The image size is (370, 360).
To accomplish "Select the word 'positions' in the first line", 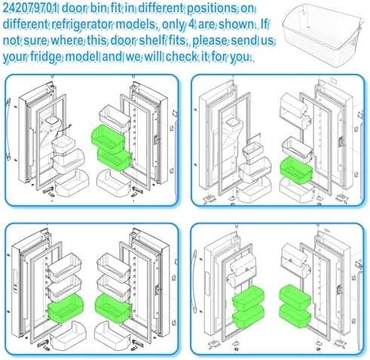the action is click(212, 9).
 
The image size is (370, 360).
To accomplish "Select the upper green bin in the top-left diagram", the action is click(108, 139).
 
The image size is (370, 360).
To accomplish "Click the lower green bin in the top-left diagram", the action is click(115, 159).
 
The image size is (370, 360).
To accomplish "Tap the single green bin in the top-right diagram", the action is click(296, 170).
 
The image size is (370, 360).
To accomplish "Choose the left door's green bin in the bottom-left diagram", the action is click(66, 309).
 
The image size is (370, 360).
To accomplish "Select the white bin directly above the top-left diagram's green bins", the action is click(115, 118).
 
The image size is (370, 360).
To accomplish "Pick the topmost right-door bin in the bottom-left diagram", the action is click(114, 267).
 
